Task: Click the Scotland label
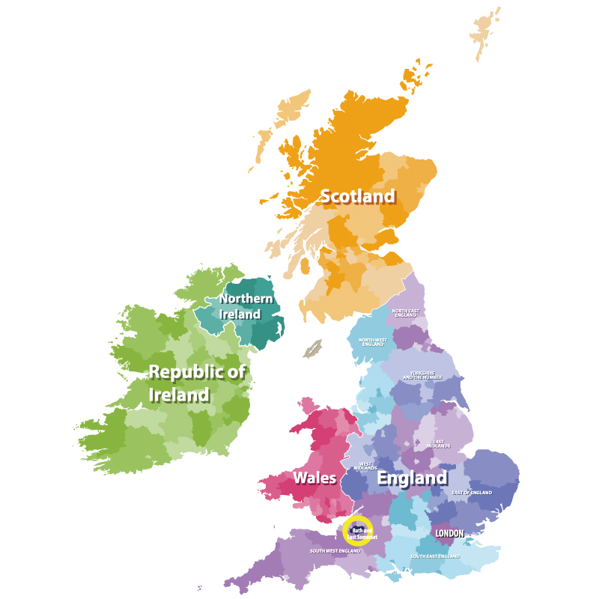click(357, 197)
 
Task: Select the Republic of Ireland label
click(196, 383)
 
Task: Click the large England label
click(412, 478)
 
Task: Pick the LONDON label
click(449, 533)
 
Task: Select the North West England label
click(373, 342)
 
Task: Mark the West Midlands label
click(366, 466)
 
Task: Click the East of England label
click(472, 493)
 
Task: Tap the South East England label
click(434, 556)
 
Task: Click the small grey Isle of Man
click(312, 348)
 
